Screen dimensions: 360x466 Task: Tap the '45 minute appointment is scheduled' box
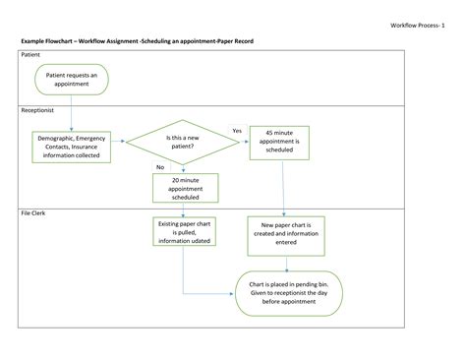point(284,142)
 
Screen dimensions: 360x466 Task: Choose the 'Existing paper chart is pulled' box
point(184,234)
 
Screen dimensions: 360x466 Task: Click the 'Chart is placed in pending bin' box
point(287,291)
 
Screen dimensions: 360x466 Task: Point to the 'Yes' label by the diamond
point(237,131)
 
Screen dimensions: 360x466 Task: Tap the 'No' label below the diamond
point(161,167)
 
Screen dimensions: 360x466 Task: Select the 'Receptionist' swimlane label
point(38,111)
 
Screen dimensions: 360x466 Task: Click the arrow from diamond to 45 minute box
point(236,142)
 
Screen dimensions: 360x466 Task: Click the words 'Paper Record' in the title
point(226,43)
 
